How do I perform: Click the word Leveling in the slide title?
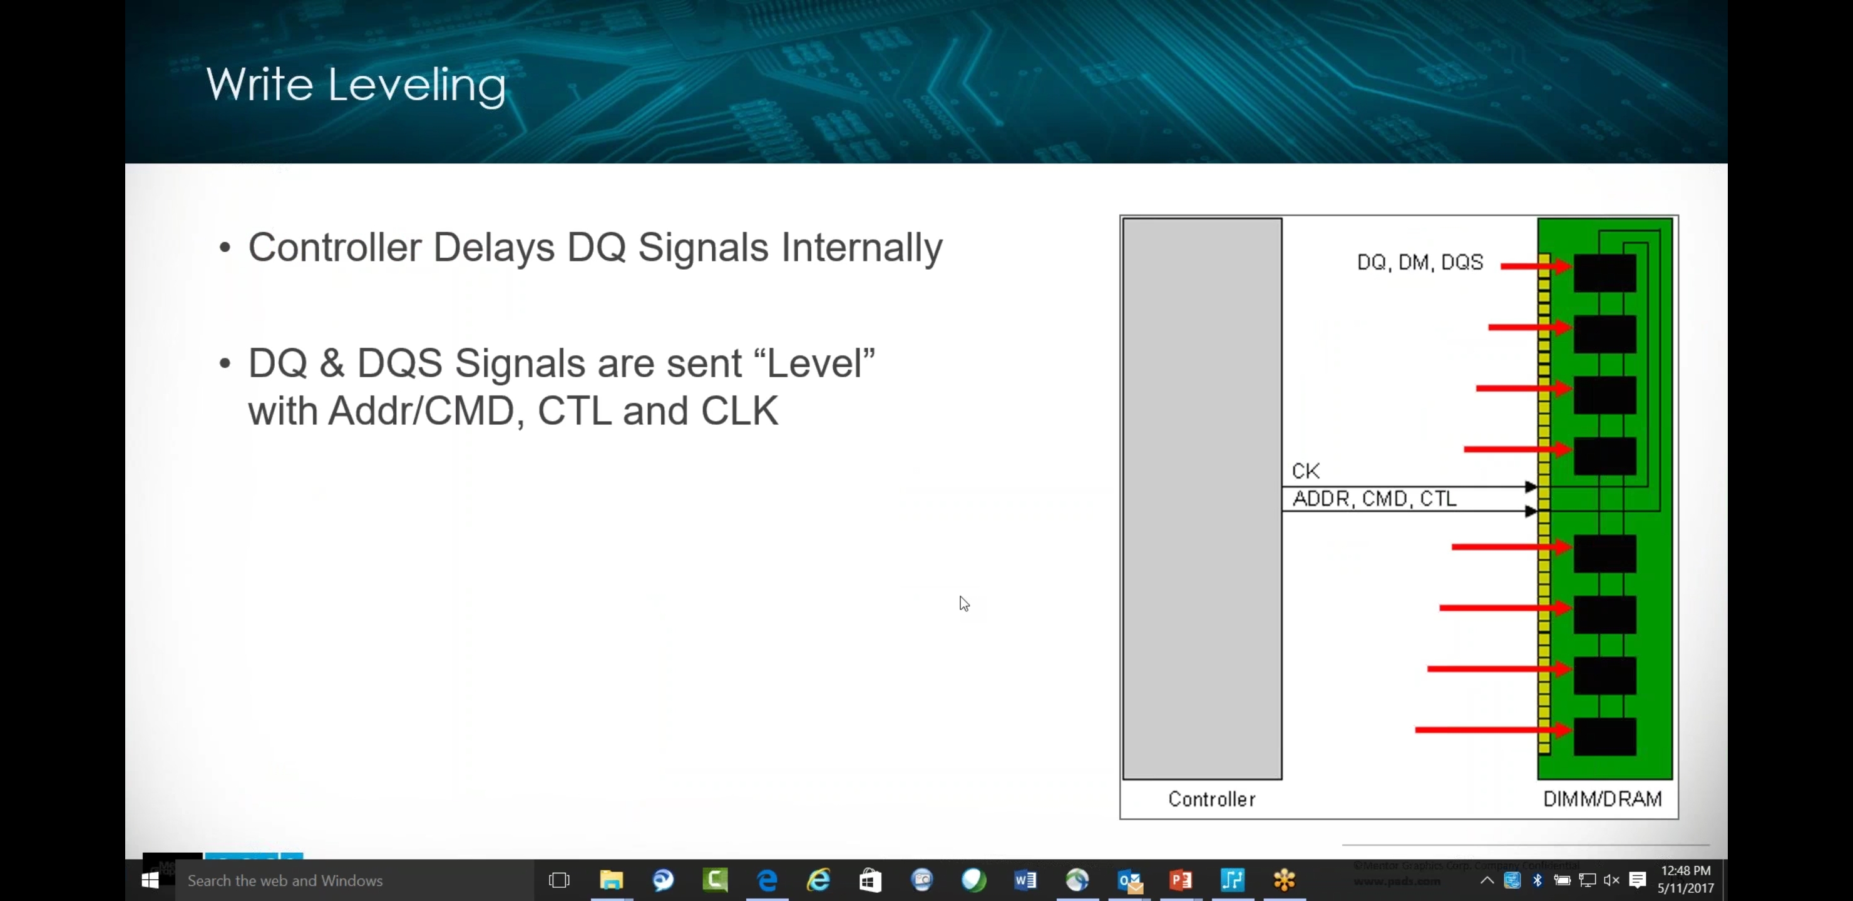point(416,86)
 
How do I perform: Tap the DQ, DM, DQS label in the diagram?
point(1419,262)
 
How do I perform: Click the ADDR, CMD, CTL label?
point(1374,498)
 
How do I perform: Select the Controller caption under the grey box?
point(1211,799)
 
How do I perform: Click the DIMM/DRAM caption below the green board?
point(1602,799)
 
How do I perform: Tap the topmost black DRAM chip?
point(1604,273)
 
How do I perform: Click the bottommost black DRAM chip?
point(1604,736)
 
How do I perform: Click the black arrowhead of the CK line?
point(1531,487)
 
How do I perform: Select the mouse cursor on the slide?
point(964,603)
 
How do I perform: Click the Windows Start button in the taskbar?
point(150,880)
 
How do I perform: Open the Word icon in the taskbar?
point(1025,880)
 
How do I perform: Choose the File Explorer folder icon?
point(612,880)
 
